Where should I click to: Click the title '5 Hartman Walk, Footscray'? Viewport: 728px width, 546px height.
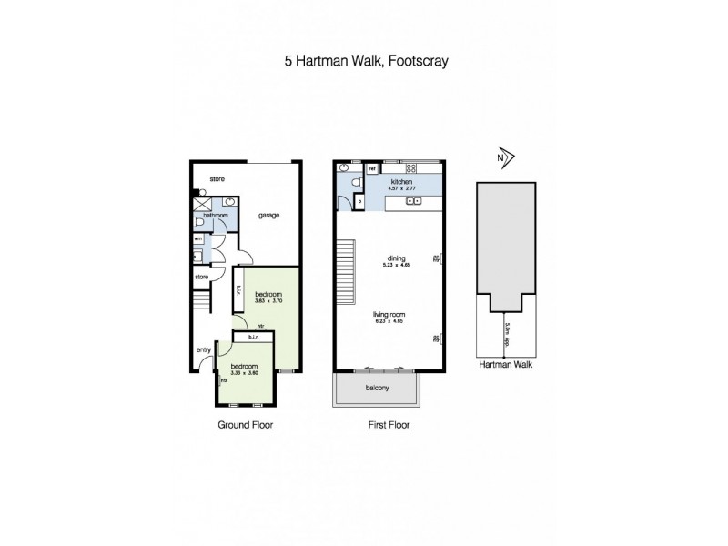point(363,63)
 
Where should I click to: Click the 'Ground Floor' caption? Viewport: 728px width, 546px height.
point(244,425)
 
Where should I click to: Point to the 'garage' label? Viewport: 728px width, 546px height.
point(268,216)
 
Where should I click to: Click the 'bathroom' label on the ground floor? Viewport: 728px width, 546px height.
point(216,216)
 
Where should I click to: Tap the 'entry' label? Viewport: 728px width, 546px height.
point(203,349)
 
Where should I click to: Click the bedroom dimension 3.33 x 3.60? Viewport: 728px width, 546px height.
point(245,372)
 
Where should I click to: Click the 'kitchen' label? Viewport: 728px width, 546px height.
point(401,183)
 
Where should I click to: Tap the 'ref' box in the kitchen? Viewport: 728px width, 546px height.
point(372,169)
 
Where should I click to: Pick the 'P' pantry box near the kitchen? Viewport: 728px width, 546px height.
point(360,202)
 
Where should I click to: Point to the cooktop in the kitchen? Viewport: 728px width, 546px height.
point(410,168)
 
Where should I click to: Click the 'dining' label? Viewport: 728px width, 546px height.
point(394,258)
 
